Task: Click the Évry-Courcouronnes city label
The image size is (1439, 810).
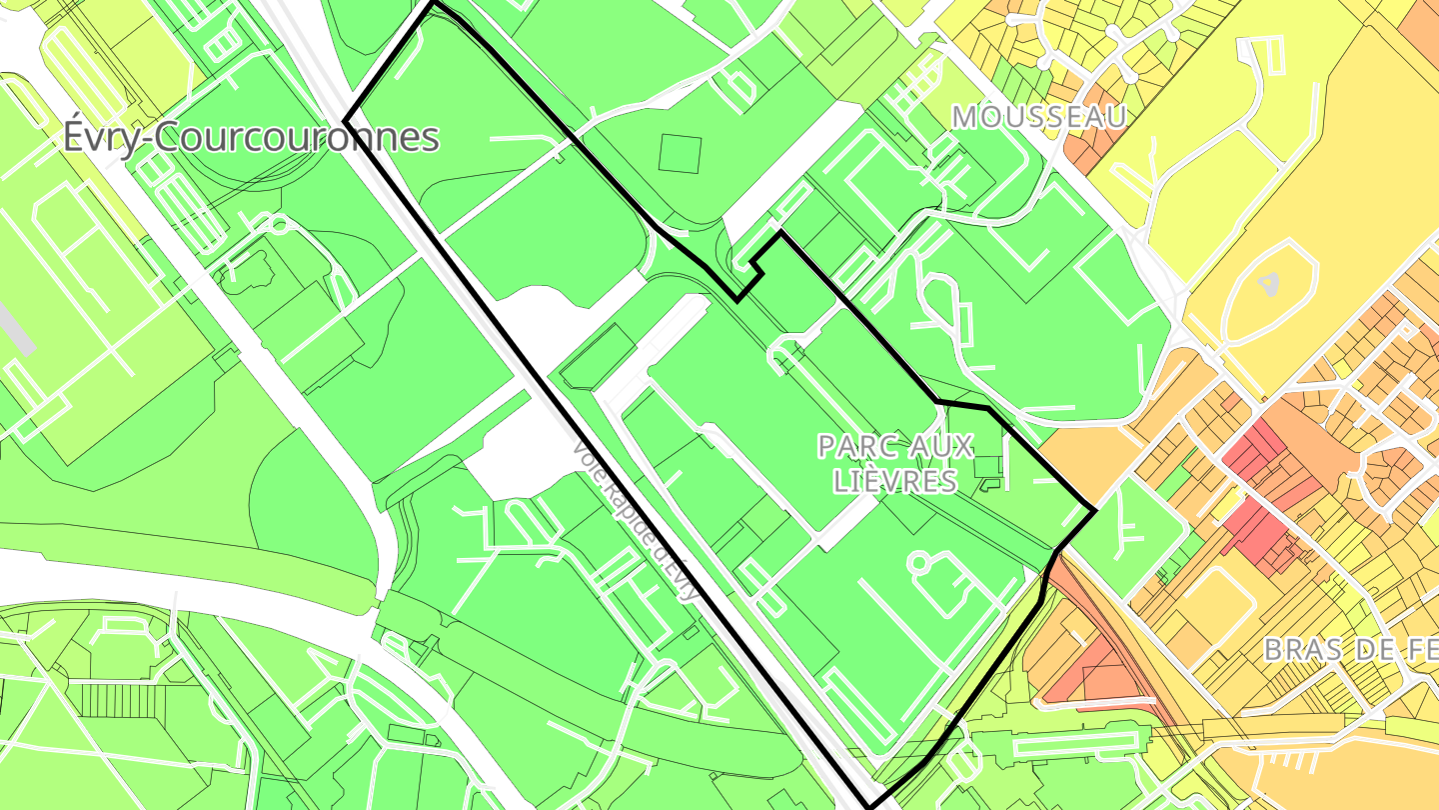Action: tap(251, 137)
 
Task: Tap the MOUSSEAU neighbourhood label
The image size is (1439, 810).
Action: tap(1039, 117)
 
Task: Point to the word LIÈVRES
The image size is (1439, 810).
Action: tap(895, 482)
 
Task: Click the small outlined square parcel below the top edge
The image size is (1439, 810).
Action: tap(681, 153)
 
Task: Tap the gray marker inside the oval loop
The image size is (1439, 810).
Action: tap(1269, 284)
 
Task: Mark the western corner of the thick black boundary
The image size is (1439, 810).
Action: tap(346, 120)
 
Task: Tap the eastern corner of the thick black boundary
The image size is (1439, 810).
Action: tap(1096, 511)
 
